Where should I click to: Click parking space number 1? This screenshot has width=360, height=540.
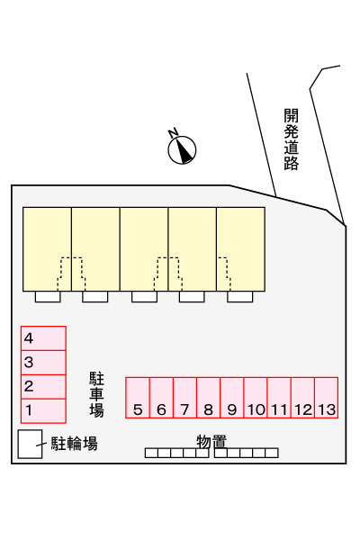(x=43, y=411)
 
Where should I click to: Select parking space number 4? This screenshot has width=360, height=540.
(x=43, y=338)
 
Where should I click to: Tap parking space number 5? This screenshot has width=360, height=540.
(x=138, y=398)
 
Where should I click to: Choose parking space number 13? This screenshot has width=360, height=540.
(x=326, y=398)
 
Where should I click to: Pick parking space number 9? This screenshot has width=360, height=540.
(x=232, y=398)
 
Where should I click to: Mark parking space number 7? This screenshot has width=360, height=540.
(x=184, y=398)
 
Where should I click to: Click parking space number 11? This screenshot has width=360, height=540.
(x=279, y=398)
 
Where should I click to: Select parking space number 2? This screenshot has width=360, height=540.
(x=43, y=387)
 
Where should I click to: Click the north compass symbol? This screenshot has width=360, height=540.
(x=182, y=150)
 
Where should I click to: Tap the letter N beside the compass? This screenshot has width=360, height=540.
(x=173, y=132)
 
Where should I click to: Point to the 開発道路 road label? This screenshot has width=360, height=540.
(x=291, y=139)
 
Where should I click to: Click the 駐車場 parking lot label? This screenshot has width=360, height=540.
(x=96, y=394)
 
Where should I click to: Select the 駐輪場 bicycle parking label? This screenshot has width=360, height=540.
(x=75, y=444)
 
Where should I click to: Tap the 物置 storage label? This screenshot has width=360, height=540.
(x=211, y=442)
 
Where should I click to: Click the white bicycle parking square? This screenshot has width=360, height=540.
(x=30, y=444)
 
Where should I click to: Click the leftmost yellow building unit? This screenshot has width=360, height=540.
(x=47, y=249)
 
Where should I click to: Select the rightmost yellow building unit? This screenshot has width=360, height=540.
(x=241, y=249)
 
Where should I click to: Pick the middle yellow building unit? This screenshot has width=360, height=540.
(x=144, y=249)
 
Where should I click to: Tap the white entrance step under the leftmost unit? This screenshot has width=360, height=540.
(x=48, y=297)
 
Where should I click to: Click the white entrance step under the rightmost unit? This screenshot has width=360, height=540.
(x=239, y=297)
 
